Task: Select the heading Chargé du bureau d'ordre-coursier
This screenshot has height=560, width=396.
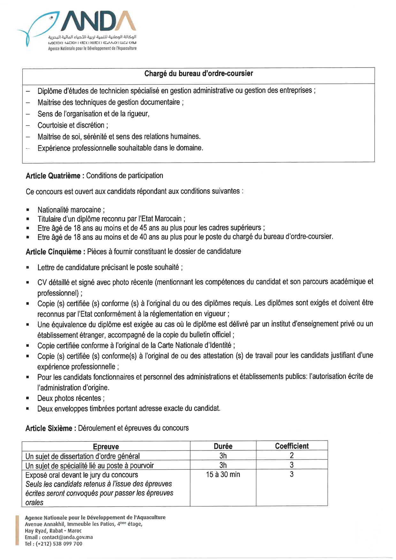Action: click(198, 74)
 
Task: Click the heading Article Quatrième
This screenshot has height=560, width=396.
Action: click(53, 176)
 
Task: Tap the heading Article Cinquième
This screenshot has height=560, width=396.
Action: click(53, 252)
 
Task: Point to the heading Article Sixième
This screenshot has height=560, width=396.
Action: click(49, 428)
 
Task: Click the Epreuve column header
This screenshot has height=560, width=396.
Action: click(106, 446)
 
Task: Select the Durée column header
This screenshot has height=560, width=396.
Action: click(223, 446)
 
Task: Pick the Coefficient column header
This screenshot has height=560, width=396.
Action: click(292, 446)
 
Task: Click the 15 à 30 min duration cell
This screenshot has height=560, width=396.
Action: click(223, 475)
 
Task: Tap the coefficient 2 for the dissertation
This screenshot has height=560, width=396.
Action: click(292, 455)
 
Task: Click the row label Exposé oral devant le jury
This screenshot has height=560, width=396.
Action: click(82, 475)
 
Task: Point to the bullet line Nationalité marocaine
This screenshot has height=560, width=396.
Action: click(71, 210)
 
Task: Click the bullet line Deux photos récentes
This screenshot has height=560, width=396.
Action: click(71, 398)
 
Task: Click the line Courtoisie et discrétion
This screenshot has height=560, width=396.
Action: click(72, 125)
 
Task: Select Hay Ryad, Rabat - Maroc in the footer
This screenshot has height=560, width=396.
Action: click(53, 531)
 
